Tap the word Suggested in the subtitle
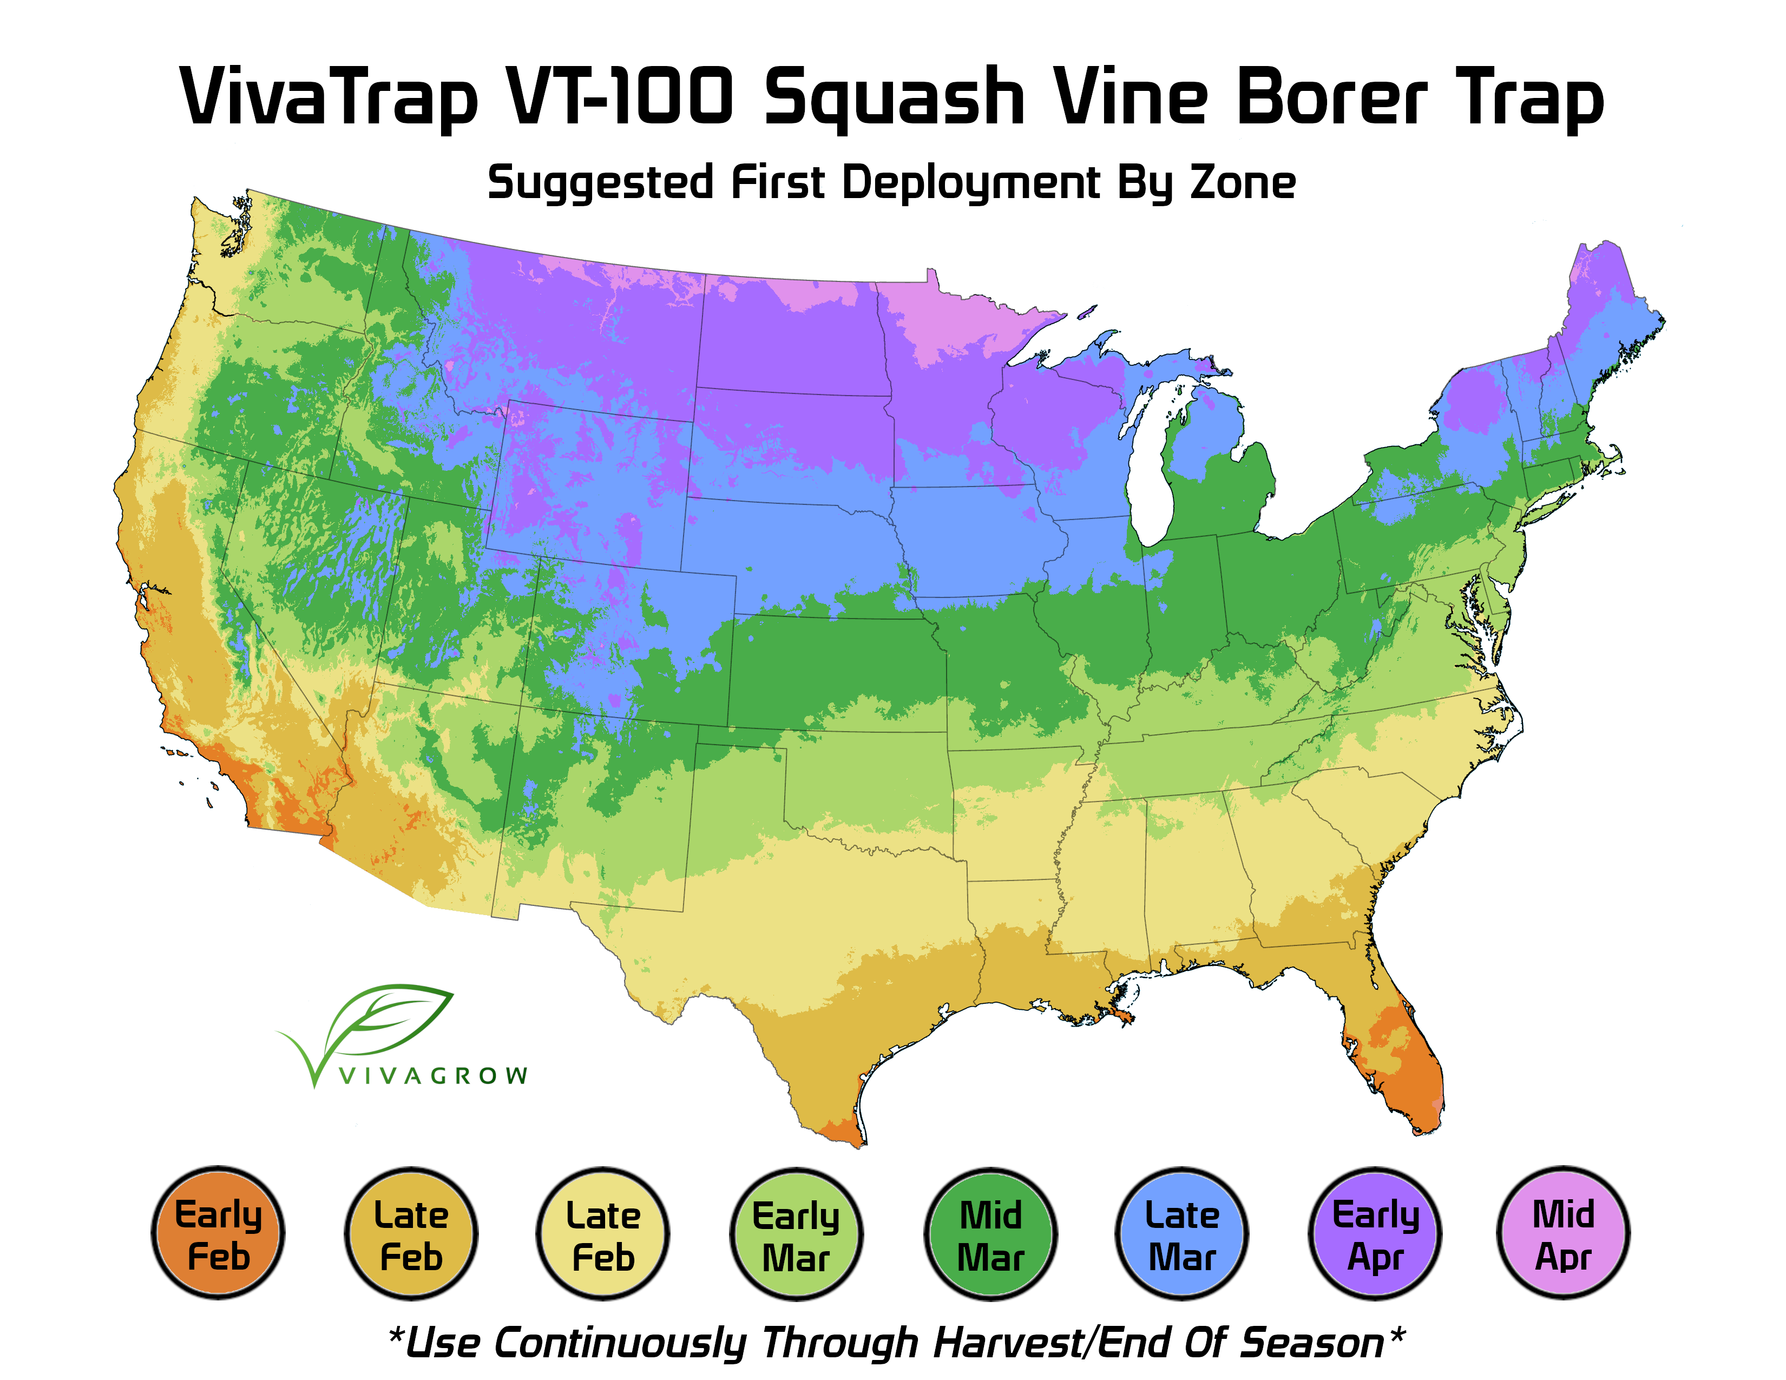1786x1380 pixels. [601, 183]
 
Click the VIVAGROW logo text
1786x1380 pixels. [434, 1076]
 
